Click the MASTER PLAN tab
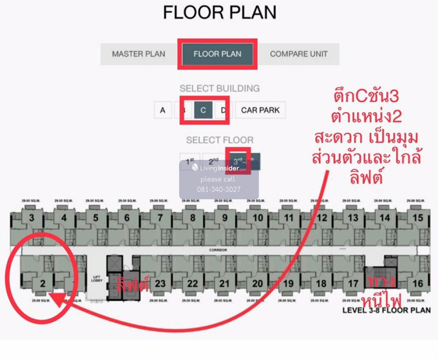click(138, 54)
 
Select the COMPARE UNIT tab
click(299, 54)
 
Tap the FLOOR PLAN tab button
click(217, 54)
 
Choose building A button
click(162, 110)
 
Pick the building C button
click(203, 110)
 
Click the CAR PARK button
click(260, 110)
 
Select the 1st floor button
click(190, 161)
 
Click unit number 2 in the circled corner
click(43, 283)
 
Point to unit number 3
click(32, 218)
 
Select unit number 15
click(418, 218)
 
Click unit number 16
click(418, 283)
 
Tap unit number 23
click(160, 283)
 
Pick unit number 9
click(225, 218)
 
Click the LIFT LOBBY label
click(97, 279)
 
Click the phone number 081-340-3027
click(219, 190)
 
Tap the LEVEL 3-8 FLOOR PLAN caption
click(385, 311)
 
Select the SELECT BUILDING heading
click(219, 88)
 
